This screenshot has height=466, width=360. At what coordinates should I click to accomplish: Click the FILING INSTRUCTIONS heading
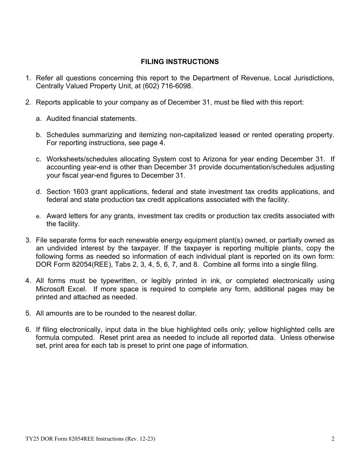180,62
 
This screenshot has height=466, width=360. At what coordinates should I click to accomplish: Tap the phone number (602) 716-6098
167,86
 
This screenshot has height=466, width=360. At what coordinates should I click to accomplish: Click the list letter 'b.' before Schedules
39,135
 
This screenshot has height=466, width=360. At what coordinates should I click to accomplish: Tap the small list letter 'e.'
38,216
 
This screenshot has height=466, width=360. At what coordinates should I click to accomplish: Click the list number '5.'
28,313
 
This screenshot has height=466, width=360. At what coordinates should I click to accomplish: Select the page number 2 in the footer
333,439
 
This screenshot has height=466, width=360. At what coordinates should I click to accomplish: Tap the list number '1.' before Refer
28,78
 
